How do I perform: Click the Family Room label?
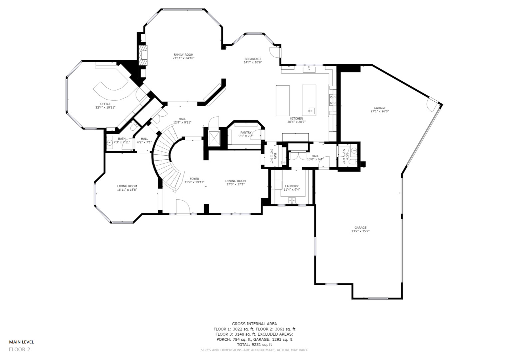pos(183,55)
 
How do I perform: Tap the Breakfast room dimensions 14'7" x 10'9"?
pos(253,62)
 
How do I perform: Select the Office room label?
pos(105,104)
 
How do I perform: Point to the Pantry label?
pos(246,133)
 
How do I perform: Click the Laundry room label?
pos(292,186)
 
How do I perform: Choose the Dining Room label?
pos(236,181)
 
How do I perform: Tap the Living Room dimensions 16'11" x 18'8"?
pos(127,190)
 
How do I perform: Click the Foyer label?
pos(194,179)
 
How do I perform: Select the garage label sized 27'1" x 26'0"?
pos(379,108)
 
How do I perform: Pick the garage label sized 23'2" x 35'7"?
pos(360,228)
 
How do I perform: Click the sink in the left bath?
pos(110,142)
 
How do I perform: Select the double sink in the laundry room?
pos(292,200)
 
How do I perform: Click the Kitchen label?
pos(296,119)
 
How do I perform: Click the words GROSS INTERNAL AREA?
pos(254,324)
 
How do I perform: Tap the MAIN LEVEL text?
pos(21,342)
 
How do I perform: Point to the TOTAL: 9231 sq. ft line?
pos(254,345)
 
